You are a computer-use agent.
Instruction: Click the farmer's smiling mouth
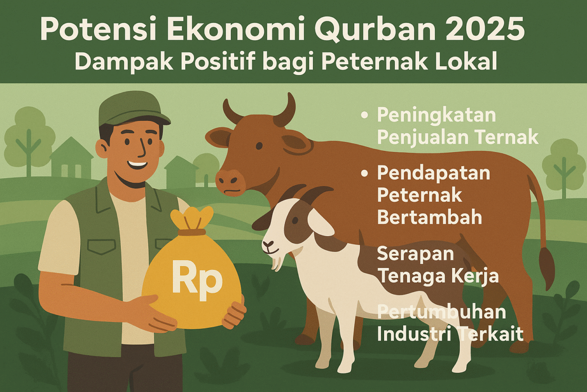(137, 165)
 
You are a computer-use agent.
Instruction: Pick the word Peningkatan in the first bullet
(436, 116)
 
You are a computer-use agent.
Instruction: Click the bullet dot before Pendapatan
(364, 173)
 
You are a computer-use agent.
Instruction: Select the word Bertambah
(429, 217)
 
